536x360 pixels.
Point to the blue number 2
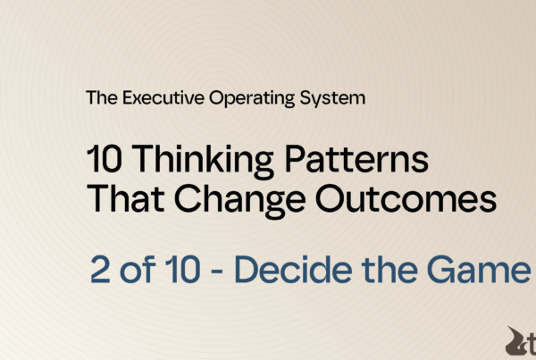click(x=100, y=270)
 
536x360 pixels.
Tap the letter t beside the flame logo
click(x=531, y=344)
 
